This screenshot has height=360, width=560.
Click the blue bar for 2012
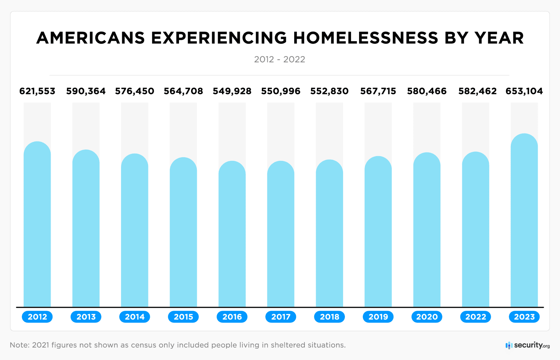point(37,224)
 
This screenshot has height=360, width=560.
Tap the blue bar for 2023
point(524,220)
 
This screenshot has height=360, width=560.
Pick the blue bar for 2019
point(378,232)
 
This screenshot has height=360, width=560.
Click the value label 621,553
point(37,91)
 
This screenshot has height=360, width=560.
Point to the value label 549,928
point(232,91)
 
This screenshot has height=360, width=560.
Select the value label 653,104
point(524,91)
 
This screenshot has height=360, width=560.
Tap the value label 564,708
point(183,91)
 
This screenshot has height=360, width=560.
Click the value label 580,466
point(427,91)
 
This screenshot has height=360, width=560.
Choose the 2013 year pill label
point(86,317)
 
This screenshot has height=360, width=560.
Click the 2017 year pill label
point(281,317)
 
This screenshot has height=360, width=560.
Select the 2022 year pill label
point(475,317)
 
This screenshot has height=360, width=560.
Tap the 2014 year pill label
point(135,317)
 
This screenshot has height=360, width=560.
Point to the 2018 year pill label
point(330,317)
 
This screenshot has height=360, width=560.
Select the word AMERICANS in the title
point(90,38)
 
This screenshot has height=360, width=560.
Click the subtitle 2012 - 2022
point(280,59)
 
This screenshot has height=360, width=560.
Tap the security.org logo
point(528,345)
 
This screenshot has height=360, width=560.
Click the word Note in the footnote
point(19,345)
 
